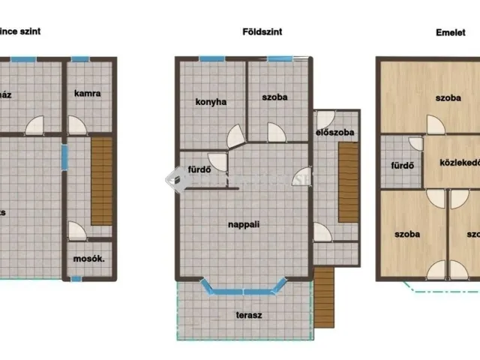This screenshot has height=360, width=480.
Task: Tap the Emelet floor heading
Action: click(451, 33)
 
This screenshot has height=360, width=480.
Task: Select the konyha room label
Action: click(211, 102)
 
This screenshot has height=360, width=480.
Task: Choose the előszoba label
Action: click(334, 133)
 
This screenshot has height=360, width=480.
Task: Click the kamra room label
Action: click(87, 94)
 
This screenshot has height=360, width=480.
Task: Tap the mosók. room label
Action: click(88, 259)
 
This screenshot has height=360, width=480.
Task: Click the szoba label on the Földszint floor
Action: click(274, 97)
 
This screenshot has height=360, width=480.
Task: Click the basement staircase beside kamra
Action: click(102, 180)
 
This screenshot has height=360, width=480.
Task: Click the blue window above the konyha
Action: click(211, 58)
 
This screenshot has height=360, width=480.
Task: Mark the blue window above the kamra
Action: click(80, 58)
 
